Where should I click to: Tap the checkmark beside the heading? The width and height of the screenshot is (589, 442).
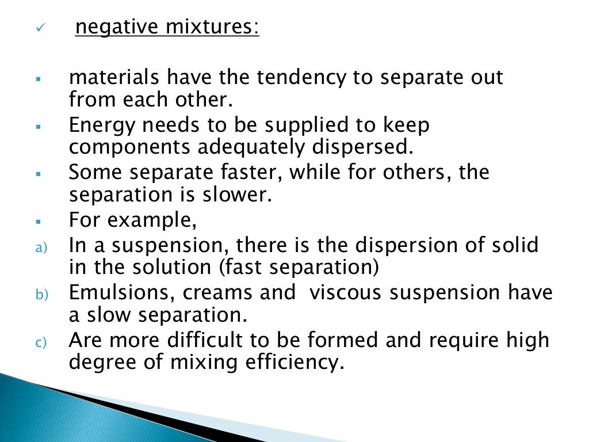tap(39, 29)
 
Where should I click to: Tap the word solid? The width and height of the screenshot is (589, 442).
tap(517, 246)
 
